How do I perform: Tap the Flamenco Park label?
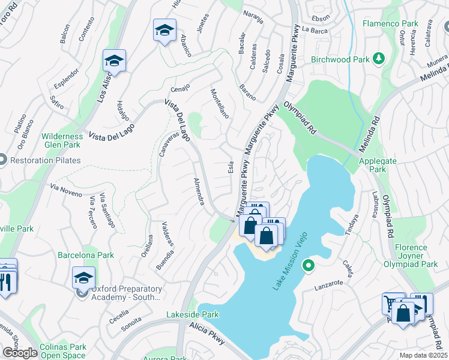[390, 24]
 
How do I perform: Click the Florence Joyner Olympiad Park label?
[411, 256]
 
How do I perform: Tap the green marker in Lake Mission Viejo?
[308, 265]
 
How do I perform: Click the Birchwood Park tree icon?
[379, 59]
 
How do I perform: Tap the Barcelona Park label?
[86, 255]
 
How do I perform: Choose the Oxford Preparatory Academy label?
[126, 293]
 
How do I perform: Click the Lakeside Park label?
[192, 314]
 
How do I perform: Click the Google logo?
[20, 352]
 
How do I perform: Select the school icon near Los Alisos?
[114, 61]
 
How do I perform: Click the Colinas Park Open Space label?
[62, 351]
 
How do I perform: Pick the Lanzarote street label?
[328, 286]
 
